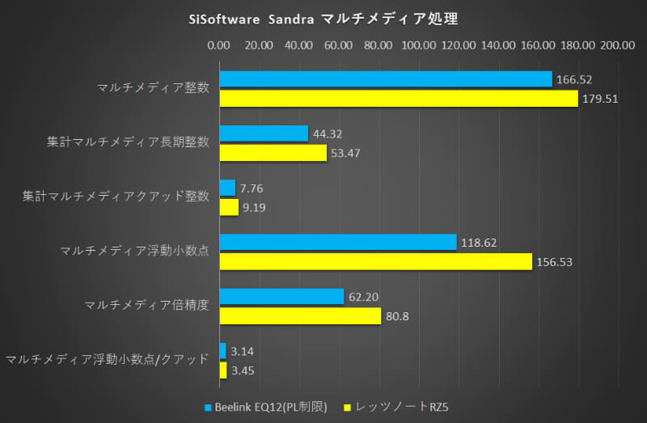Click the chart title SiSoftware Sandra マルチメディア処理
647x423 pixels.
[x=323, y=17]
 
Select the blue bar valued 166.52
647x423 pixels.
[x=385, y=79]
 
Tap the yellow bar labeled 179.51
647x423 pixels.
[x=398, y=99]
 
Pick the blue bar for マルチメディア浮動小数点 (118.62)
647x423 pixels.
[x=337, y=242]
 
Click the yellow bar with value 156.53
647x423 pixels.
[x=375, y=261]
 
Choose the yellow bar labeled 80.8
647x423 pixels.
[x=299, y=315]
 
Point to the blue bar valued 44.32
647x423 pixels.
[x=263, y=133]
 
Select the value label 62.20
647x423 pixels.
[x=365, y=296]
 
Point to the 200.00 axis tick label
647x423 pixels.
[x=617, y=45]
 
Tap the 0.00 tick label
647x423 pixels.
[x=219, y=45]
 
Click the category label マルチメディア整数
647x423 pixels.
[x=152, y=87]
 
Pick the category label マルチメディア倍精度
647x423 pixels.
[x=146, y=305]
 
